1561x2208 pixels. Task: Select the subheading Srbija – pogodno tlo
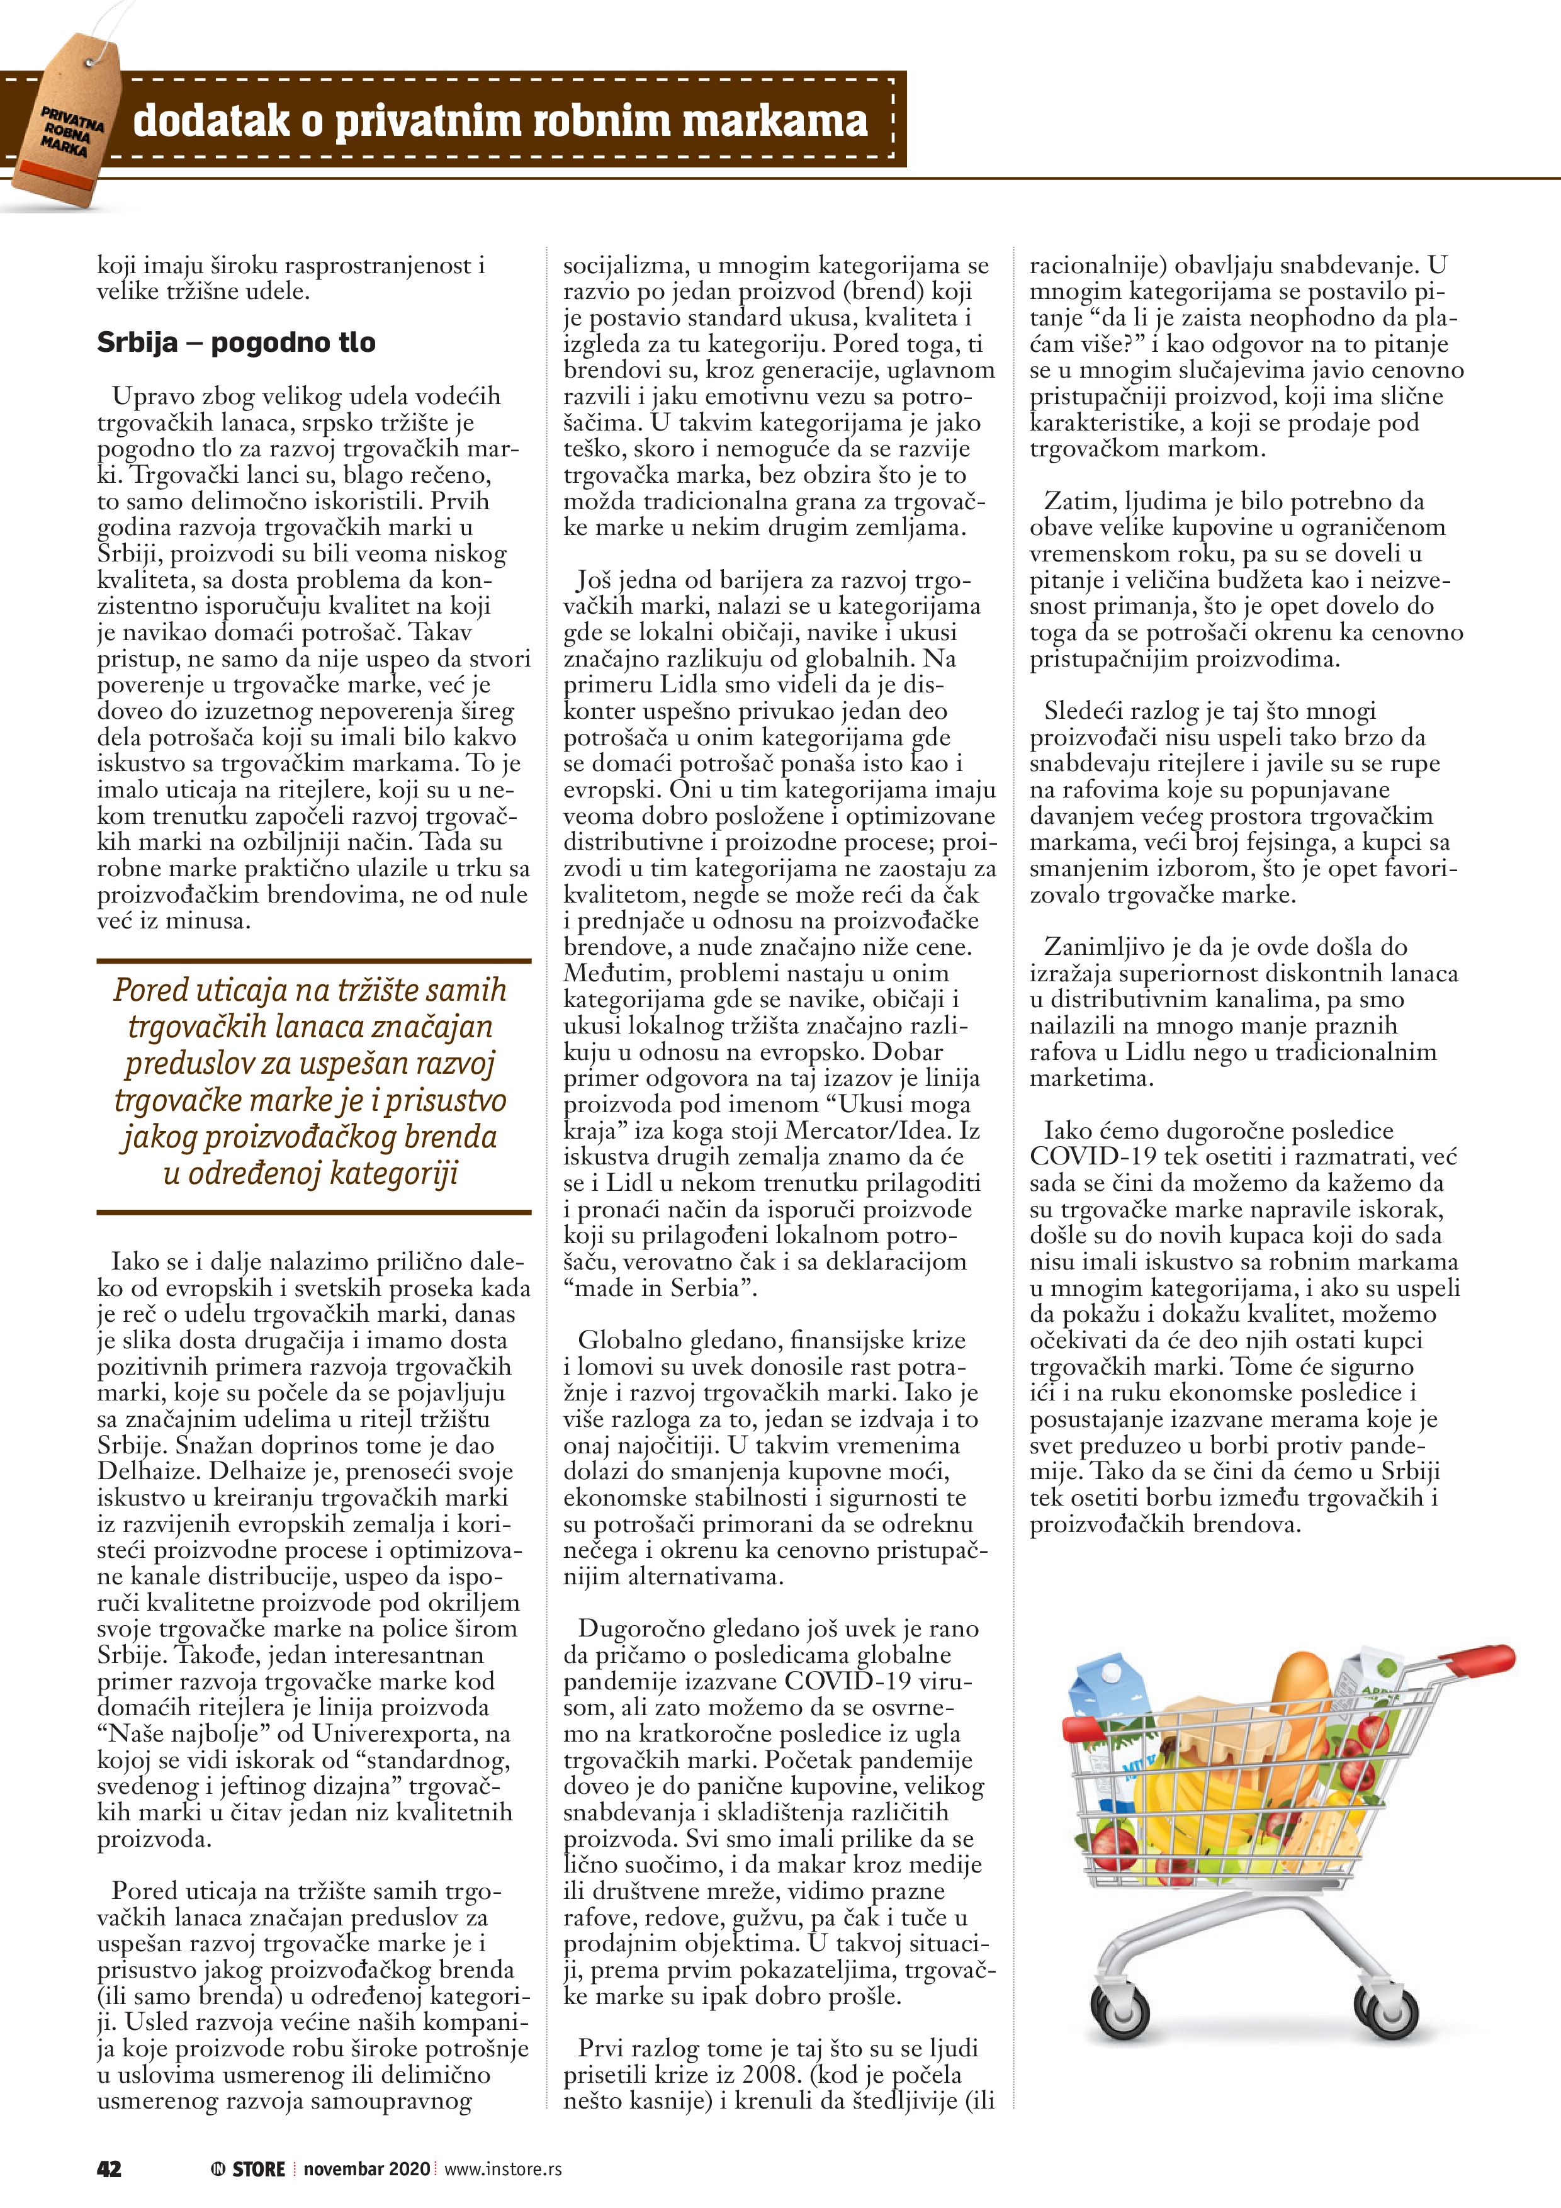tap(235, 342)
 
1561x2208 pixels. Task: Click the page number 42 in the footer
tap(109, 2168)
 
